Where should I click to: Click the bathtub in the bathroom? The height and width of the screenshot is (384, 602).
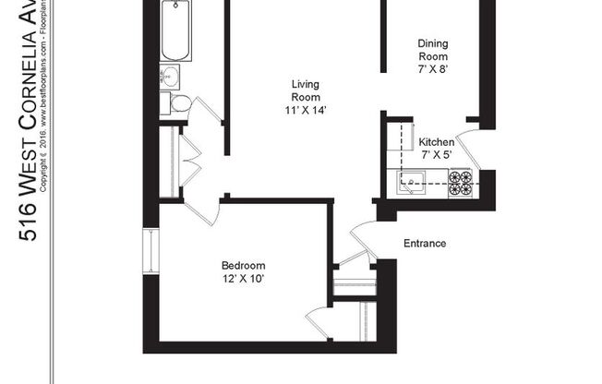(175, 30)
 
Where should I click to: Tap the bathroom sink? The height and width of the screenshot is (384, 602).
(172, 76)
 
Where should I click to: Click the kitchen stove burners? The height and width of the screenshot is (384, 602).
(460, 182)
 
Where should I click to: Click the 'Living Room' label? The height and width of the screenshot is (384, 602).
(306, 90)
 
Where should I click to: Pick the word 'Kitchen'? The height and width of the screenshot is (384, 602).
(437, 142)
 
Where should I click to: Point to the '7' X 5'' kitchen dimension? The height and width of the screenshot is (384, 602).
(437, 155)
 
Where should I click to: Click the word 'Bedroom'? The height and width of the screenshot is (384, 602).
(244, 265)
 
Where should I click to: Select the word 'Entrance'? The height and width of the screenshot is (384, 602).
(425, 244)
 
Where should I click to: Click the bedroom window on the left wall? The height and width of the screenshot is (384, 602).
(150, 249)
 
